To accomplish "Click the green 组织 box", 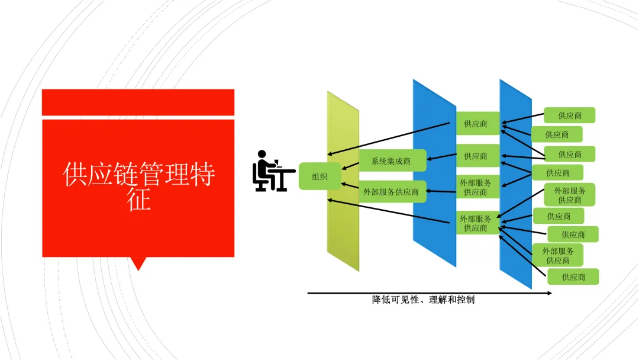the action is (x=319, y=176).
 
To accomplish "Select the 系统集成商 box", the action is (x=392, y=160).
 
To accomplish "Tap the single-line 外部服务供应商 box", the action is (x=392, y=192).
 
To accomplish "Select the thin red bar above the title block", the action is (x=138, y=102).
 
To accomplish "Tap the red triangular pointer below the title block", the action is (x=138, y=263).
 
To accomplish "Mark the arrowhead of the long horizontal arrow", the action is (x=549, y=292).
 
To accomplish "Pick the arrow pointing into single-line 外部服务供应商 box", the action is (x=441, y=191).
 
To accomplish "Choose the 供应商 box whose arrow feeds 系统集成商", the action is (x=477, y=156).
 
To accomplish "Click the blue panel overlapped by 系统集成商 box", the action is (x=434, y=237).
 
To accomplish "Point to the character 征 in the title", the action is (x=139, y=200).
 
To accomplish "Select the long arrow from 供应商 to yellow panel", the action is (x=390, y=139).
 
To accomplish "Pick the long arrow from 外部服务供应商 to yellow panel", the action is (x=390, y=212).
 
